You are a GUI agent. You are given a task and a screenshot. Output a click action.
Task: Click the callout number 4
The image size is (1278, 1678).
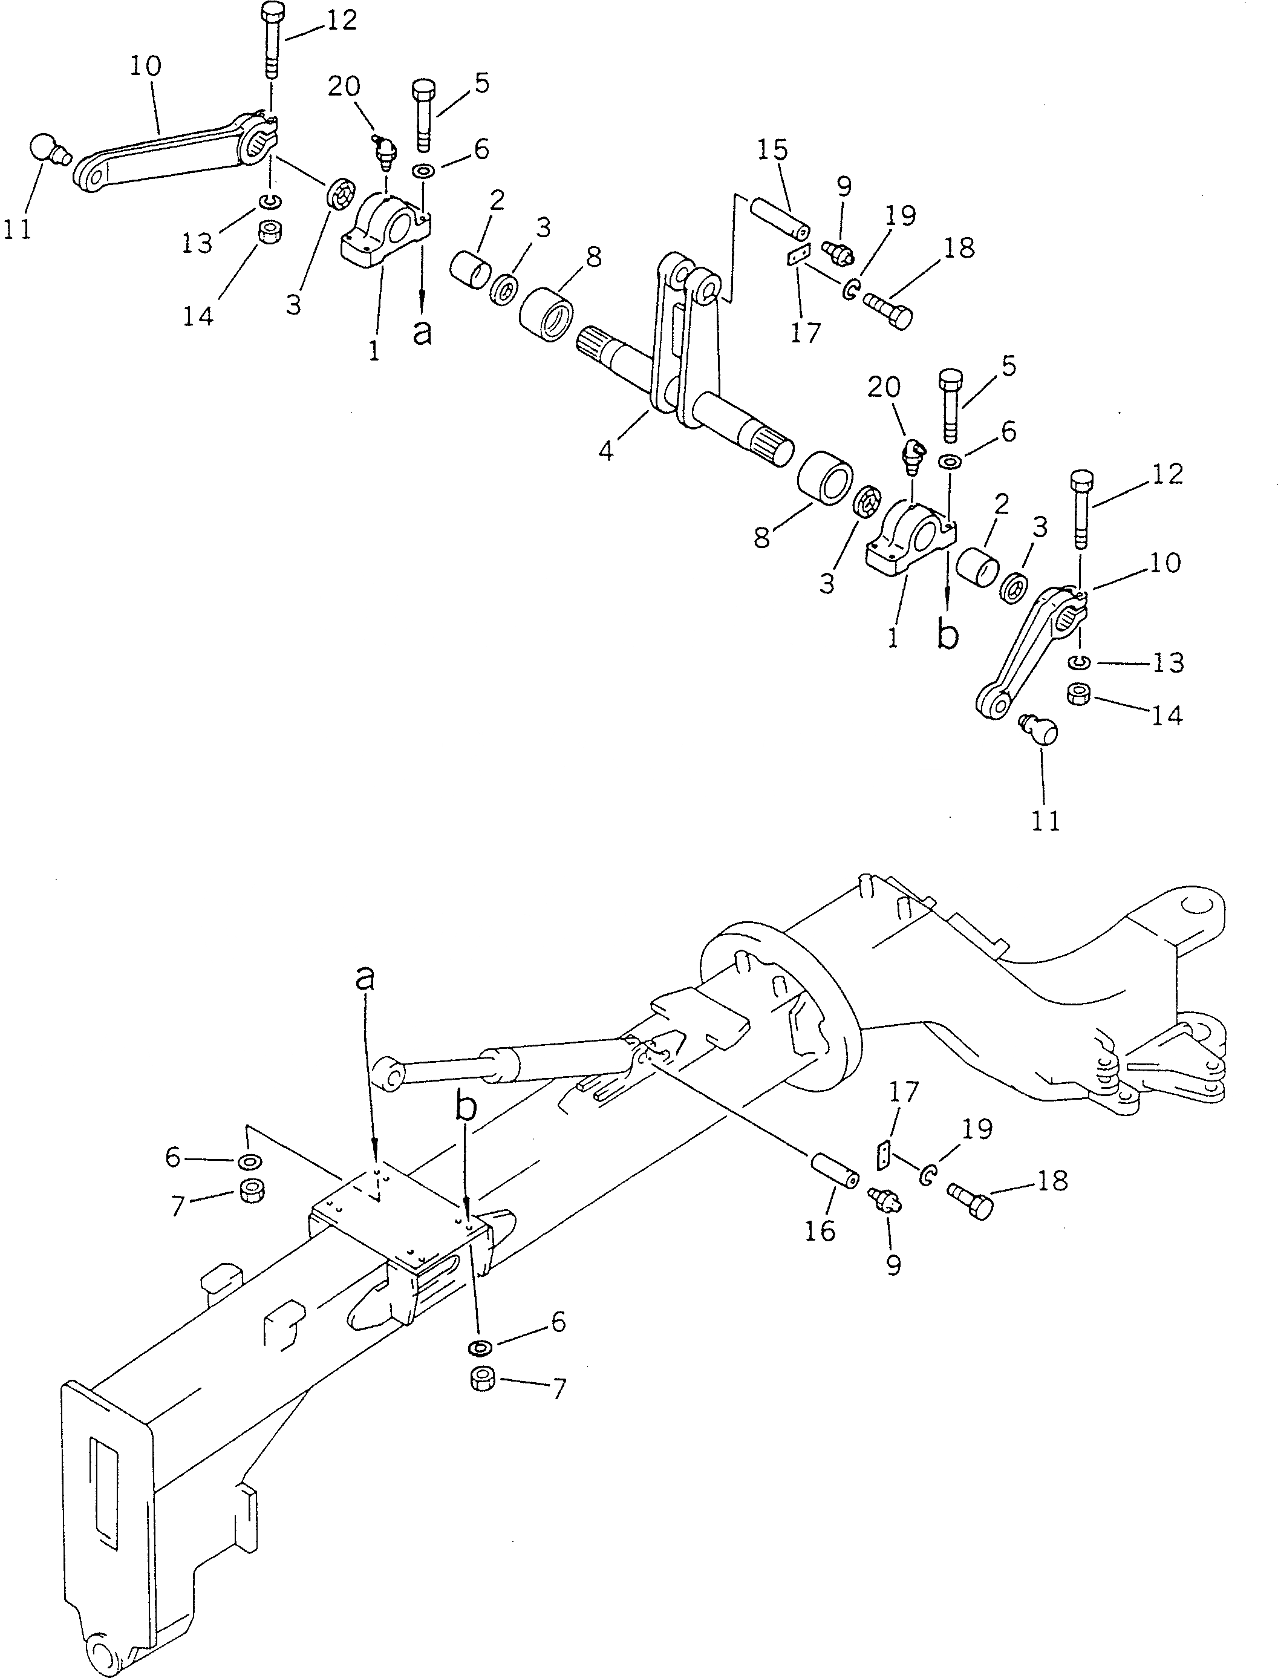pyautogui.click(x=605, y=451)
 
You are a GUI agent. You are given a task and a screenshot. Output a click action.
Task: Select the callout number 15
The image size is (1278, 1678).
pyautogui.click(x=772, y=151)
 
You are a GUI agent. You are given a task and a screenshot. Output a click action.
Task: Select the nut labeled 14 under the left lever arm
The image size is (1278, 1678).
pyautogui.click(x=268, y=231)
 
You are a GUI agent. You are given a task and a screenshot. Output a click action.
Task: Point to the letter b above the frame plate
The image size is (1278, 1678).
pyautogui.click(x=466, y=1108)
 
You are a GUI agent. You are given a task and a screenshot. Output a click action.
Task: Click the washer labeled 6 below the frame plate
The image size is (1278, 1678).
pyautogui.click(x=478, y=1348)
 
